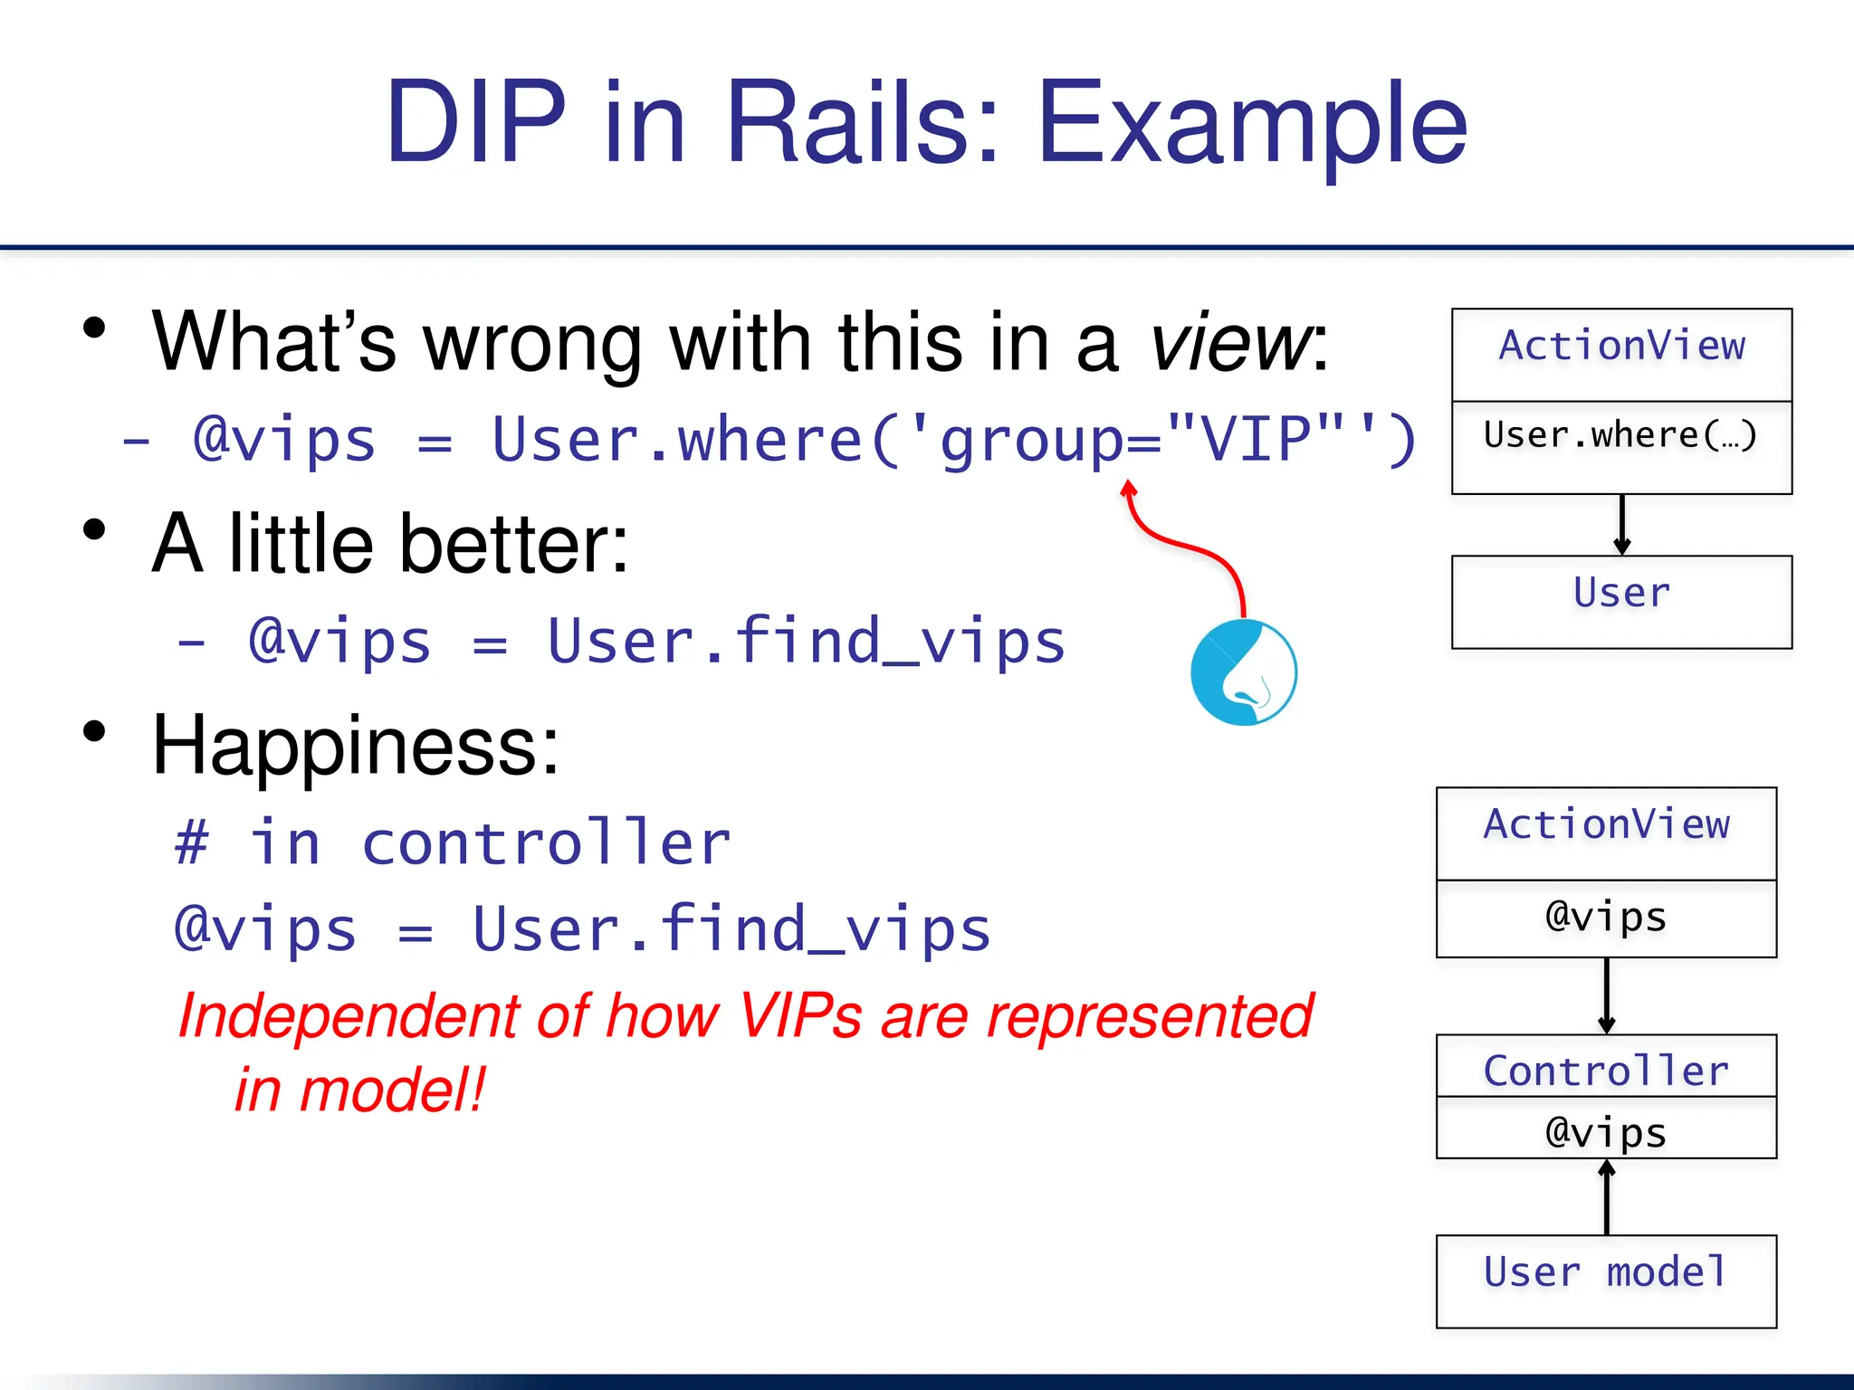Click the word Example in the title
click(1251, 124)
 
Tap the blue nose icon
click(1244, 672)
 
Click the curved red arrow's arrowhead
click(1128, 490)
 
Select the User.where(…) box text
click(1620, 436)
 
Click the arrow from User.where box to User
click(1621, 525)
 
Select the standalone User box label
click(1621, 594)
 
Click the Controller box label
click(1606, 1071)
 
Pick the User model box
click(1606, 1280)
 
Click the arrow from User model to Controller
click(1607, 1197)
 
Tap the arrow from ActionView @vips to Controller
click(1607, 995)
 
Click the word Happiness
click(355, 746)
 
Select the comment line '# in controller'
click(453, 843)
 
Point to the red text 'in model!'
click(359, 1090)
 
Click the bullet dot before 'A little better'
click(94, 529)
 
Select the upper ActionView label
click(1621, 347)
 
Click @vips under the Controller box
click(1606, 1132)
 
